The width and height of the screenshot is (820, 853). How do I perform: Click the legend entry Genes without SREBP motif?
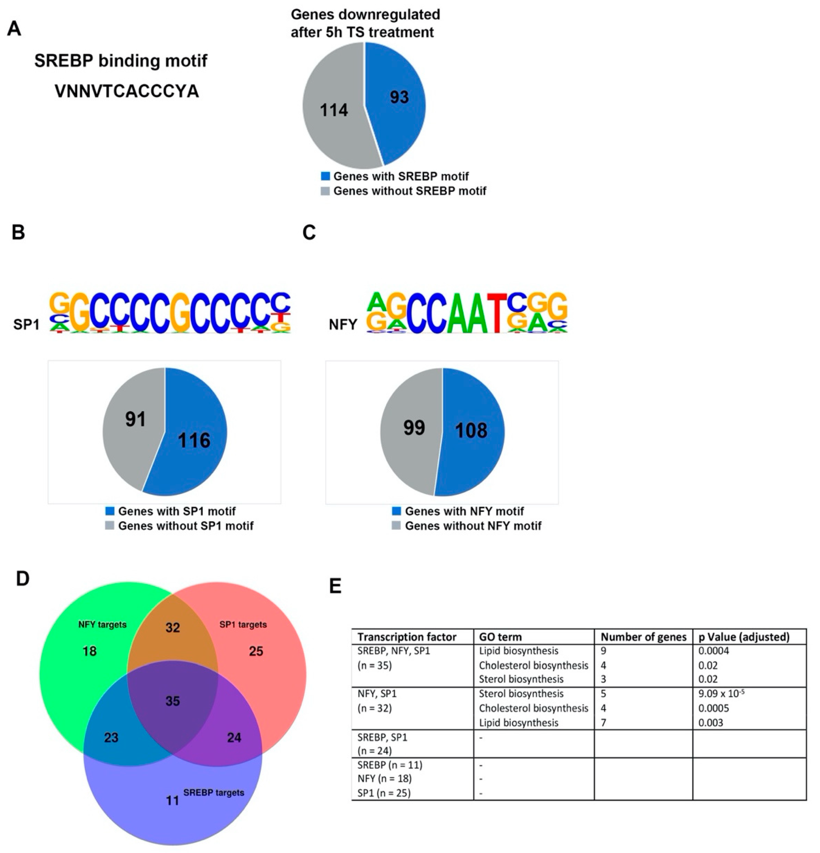pyautogui.click(x=409, y=191)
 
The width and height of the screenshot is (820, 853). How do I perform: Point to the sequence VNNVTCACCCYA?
pyautogui.click(x=127, y=91)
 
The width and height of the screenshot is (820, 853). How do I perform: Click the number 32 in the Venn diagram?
pyautogui.click(x=173, y=628)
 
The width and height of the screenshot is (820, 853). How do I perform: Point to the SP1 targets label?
pyautogui.click(x=243, y=625)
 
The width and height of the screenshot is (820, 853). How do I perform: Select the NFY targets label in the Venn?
pyautogui.click(x=102, y=625)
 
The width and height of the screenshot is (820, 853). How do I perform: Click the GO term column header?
pyautogui.click(x=500, y=637)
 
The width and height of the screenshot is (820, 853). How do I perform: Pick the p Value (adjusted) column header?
pyautogui.click(x=744, y=637)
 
